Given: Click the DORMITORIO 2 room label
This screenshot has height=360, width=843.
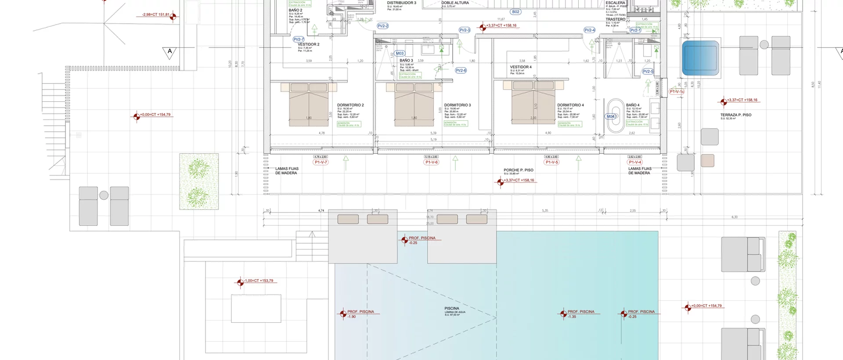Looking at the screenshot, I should (350, 105).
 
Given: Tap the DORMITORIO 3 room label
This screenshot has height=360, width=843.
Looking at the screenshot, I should (457, 105).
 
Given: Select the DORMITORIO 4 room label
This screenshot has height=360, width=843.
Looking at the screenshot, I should (570, 105).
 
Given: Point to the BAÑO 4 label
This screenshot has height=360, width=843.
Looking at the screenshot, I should (633, 105).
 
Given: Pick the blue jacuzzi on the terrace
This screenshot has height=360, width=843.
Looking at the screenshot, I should (700, 58).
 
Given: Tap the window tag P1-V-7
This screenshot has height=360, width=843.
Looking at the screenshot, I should (321, 162).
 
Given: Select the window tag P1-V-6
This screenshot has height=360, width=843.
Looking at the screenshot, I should (432, 162).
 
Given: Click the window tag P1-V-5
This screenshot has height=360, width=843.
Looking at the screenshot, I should (551, 162).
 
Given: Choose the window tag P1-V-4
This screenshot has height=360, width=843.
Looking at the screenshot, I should (635, 162).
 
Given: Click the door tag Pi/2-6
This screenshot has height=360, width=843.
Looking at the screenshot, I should (461, 71).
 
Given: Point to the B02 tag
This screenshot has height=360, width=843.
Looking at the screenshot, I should (515, 12).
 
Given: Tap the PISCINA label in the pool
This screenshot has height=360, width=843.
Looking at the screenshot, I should (451, 309).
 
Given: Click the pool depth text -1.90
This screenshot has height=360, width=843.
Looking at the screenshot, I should (352, 317).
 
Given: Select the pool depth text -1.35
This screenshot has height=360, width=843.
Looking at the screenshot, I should (572, 317).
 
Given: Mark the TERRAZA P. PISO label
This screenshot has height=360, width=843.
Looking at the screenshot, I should (735, 115).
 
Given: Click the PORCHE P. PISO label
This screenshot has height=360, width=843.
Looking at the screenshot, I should (518, 170).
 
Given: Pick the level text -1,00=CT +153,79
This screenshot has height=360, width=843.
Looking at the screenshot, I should (259, 281).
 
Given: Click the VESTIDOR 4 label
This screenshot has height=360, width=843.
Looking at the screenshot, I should (521, 67).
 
